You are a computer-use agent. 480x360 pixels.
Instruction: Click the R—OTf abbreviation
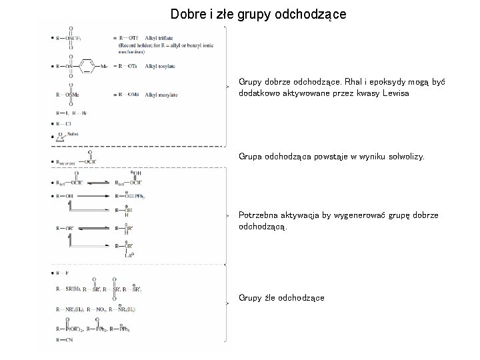[x=130, y=37]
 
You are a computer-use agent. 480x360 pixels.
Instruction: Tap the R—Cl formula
[x=65, y=123]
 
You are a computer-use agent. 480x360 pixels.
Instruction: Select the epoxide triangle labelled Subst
[x=61, y=137]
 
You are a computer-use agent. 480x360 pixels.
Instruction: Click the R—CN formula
[x=65, y=341]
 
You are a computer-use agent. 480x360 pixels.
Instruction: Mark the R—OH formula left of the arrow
[x=65, y=195]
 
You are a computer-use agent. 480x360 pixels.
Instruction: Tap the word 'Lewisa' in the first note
[x=394, y=94]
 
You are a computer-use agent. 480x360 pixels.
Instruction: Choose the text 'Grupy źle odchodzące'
[x=281, y=297]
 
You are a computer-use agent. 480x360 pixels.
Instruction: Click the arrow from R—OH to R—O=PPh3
[x=94, y=195]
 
